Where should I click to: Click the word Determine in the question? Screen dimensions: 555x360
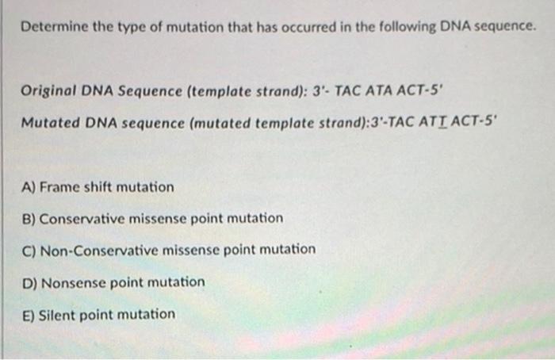point(55,26)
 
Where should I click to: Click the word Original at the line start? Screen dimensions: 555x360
point(48,91)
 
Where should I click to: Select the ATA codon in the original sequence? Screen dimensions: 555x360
point(378,91)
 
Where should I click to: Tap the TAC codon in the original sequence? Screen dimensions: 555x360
point(347,91)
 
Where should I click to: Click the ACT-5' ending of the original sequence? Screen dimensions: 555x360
point(419,91)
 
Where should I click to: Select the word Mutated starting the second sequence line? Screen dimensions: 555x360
point(51,123)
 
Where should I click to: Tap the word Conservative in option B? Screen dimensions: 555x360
point(82,219)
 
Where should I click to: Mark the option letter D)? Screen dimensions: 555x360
point(30,283)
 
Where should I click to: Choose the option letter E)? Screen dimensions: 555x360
point(29,315)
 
